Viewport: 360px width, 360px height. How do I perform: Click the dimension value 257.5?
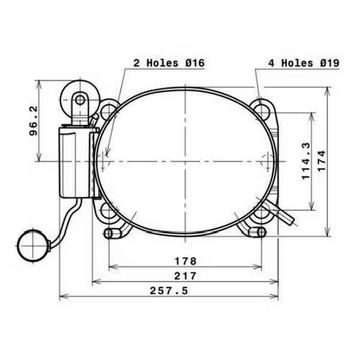(169, 291)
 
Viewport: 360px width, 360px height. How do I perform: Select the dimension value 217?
(184, 276)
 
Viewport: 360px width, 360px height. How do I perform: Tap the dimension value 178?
(184, 261)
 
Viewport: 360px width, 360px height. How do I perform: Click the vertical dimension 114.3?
(306, 161)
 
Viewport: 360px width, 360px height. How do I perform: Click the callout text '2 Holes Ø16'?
(169, 63)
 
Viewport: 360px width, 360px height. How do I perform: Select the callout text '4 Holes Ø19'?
(304, 63)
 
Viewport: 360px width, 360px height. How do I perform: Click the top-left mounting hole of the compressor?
(108, 110)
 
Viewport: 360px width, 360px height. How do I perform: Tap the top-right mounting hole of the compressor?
(261, 109)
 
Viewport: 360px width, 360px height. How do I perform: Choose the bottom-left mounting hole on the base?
(108, 212)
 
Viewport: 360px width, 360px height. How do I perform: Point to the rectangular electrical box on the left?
(76, 162)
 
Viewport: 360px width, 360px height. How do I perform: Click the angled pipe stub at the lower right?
(283, 214)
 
